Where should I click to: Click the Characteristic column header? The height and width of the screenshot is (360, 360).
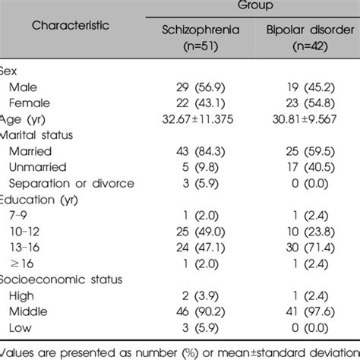70,24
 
